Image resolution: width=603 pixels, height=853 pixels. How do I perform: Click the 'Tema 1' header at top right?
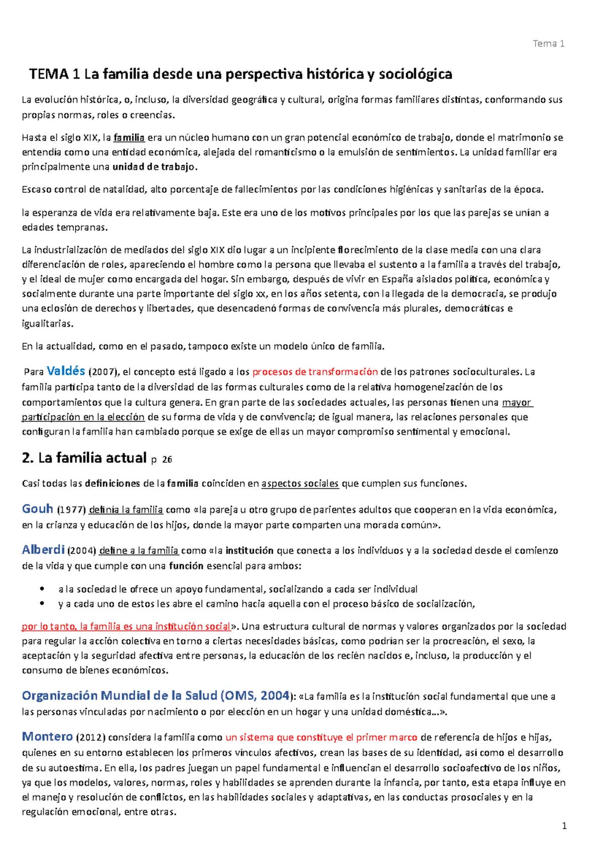click(x=548, y=44)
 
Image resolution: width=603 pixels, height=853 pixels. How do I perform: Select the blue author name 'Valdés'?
click(x=66, y=371)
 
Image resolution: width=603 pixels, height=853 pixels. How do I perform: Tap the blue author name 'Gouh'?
click(x=38, y=509)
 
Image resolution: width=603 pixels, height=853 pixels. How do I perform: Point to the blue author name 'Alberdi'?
click(x=43, y=550)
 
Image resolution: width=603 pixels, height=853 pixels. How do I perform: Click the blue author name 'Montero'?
click(x=47, y=736)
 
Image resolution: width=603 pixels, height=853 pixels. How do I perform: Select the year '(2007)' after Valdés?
click(x=103, y=372)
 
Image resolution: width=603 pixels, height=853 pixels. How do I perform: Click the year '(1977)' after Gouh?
click(x=71, y=510)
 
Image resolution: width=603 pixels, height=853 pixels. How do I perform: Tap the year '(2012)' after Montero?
click(x=90, y=737)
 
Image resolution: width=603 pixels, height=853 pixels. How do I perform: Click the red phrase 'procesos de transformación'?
click(x=315, y=372)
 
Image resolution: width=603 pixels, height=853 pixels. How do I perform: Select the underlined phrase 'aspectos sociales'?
click(x=300, y=484)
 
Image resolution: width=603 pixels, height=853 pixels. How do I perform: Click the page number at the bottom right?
click(x=564, y=826)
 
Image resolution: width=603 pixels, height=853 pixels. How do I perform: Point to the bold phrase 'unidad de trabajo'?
click(x=154, y=167)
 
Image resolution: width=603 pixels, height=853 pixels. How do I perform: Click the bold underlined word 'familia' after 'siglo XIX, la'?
click(x=129, y=138)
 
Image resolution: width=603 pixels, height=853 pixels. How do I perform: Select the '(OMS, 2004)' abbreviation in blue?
click(x=255, y=696)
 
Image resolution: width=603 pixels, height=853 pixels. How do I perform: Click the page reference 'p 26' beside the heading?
click(x=161, y=459)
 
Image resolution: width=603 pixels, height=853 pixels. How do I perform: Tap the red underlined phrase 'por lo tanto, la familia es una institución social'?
click(x=126, y=626)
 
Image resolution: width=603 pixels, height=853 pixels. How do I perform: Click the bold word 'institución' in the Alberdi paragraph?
click(x=249, y=551)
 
